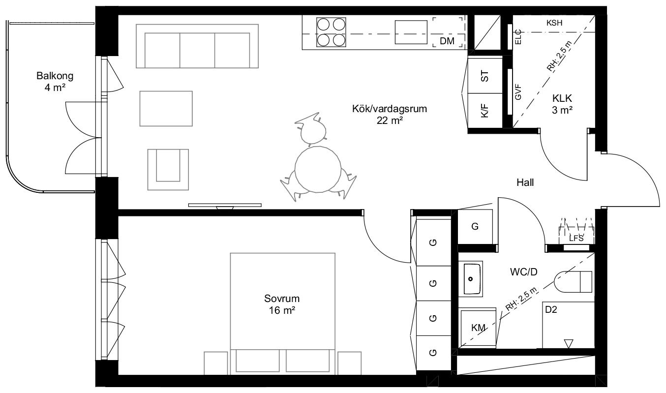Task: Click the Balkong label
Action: (55, 76)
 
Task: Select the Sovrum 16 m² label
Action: (282, 304)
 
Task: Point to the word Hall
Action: (525, 182)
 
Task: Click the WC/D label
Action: (523, 272)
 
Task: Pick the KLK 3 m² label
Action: (562, 104)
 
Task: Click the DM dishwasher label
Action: (447, 41)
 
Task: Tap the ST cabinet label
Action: (484, 76)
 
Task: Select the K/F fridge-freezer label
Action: (484, 111)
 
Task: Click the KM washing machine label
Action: (478, 328)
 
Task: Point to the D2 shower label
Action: (550, 310)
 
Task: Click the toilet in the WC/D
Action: (573, 281)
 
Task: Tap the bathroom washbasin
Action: (470, 279)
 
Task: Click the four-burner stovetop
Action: (331, 32)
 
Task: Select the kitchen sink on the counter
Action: (411, 32)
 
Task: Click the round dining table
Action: (318, 170)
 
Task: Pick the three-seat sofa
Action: (197, 46)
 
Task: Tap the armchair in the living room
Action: (168, 170)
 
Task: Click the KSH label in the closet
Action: (554, 23)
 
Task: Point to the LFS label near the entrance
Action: (576, 239)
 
